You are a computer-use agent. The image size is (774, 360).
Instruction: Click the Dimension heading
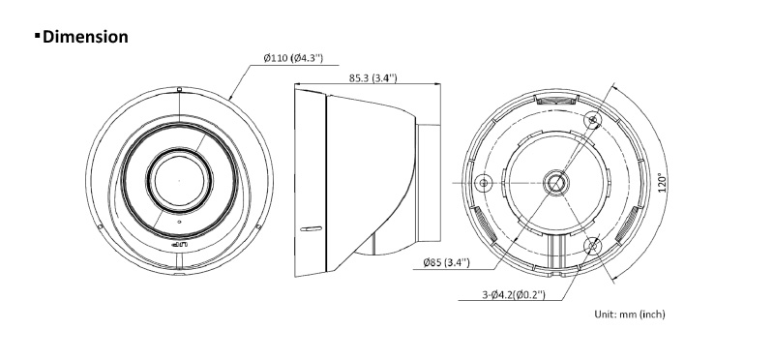(x=85, y=37)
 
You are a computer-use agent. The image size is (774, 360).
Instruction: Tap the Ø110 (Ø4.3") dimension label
(x=293, y=58)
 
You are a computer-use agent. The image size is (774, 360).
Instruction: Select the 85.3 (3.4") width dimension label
(x=373, y=78)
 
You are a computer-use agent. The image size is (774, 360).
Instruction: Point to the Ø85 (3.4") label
(x=446, y=262)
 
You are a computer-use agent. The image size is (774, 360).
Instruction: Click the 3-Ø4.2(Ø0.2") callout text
(x=514, y=295)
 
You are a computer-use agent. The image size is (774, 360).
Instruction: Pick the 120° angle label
(x=663, y=182)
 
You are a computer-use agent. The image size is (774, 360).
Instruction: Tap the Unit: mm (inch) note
(x=630, y=314)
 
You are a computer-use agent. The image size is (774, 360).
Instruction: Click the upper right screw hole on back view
(x=593, y=119)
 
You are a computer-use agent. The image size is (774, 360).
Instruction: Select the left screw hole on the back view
(x=483, y=183)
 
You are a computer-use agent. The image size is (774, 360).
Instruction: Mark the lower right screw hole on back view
(x=592, y=246)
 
